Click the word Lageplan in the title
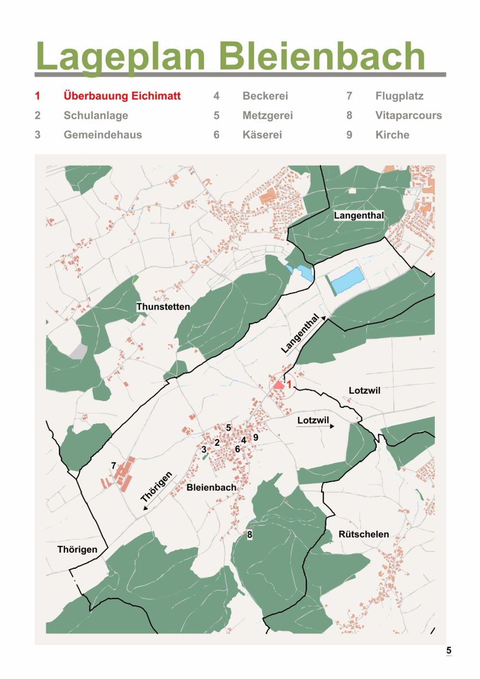pyautogui.click(x=120, y=57)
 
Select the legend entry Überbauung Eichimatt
pyautogui.click(x=122, y=96)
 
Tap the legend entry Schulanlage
pyautogui.click(x=96, y=115)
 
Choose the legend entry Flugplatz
pyautogui.click(x=399, y=96)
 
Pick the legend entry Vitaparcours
pyautogui.click(x=408, y=115)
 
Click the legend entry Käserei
pyautogui.click(x=262, y=135)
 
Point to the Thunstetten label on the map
pyautogui.click(x=163, y=307)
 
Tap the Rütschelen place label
pyautogui.click(x=363, y=534)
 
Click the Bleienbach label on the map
pyautogui.click(x=211, y=487)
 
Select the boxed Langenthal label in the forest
pyautogui.click(x=359, y=216)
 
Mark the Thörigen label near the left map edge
pyautogui.click(x=77, y=549)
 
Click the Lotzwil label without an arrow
pyautogui.click(x=364, y=390)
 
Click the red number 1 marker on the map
pyautogui.click(x=289, y=384)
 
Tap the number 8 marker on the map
pyautogui.click(x=250, y=534)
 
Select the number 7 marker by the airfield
pyautogui.click(x=114, y=466)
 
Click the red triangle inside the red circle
pyautogui.click(x=278, y=385)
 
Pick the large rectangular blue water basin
pyautogui.click(x=348, y=281)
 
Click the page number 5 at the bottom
pyautogui.click(x=449, y=650)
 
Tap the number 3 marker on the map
pyautogui.click(x=204, y=449)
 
